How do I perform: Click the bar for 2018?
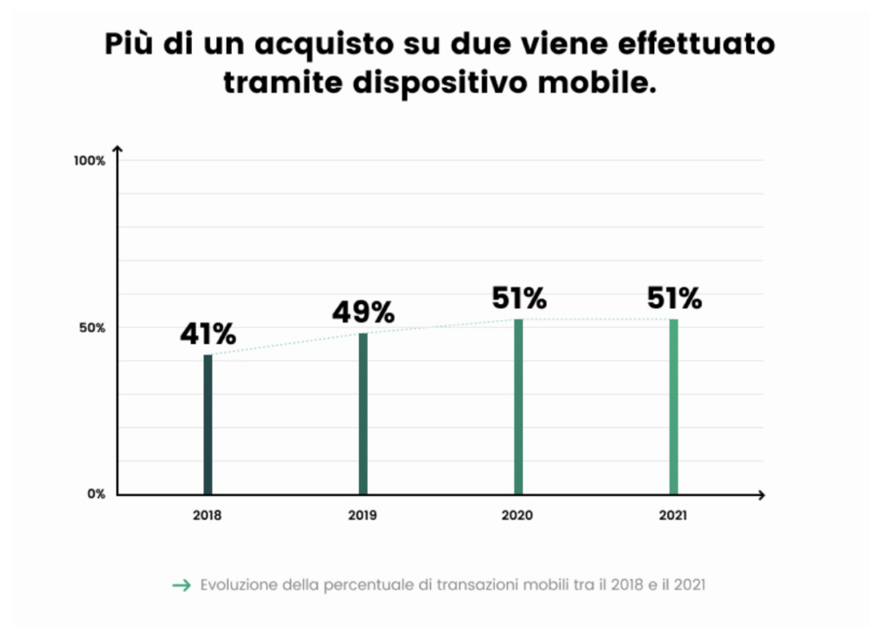tap(208, 424)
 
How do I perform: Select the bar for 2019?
tap(363, 414)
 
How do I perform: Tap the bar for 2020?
tap(518, 407)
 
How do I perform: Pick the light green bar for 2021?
tap(673, 407)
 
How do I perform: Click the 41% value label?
tap(208, 333)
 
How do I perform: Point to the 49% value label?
tap(363, 312)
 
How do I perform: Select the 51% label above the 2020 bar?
tap(519, 298)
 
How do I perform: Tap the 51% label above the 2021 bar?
tap(674, 298)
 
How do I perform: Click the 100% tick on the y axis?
tap(89, 161)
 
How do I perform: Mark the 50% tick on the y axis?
tap(92, 328)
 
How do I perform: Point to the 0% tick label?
tap(96, 494)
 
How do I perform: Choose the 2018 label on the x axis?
tap(207, 515)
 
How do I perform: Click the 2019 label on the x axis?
tap(363, 515)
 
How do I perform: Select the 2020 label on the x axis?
tap(517, 515)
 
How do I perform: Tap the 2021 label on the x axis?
tap(673, 515)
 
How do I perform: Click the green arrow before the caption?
tap(182, 585)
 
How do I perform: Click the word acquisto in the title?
tap(324, 45)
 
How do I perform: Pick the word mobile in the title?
tap(597, 82)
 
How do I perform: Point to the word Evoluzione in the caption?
tap(239, 584)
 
